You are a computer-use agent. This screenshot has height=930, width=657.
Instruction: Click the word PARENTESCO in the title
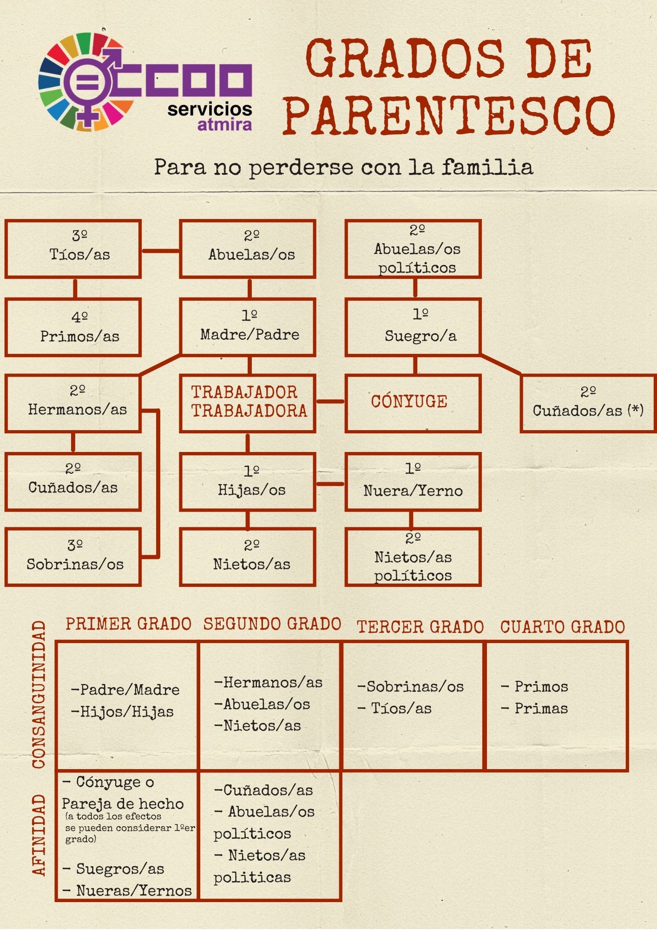click(449, 115)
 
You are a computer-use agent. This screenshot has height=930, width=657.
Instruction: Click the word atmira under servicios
click(224, 125)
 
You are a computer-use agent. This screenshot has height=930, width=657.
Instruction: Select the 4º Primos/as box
click(73, 327)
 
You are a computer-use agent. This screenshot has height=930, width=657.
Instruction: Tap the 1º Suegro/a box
click(413, 327)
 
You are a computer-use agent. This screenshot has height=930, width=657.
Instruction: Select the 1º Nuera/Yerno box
click(413, 482)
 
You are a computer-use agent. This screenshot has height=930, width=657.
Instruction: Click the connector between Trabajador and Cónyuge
click(330, 401)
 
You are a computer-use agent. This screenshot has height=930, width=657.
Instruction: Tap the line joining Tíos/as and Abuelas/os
click(160, 251)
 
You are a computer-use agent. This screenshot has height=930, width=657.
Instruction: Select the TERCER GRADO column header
click(420, 627)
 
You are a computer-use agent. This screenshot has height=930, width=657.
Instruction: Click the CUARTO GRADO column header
click(562, 627)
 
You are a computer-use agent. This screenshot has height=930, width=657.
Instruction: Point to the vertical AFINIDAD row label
click(39, 835)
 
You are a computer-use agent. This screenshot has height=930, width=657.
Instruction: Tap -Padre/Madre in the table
click(125, 690)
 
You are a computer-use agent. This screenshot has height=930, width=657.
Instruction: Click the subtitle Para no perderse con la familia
click(343, 167)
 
